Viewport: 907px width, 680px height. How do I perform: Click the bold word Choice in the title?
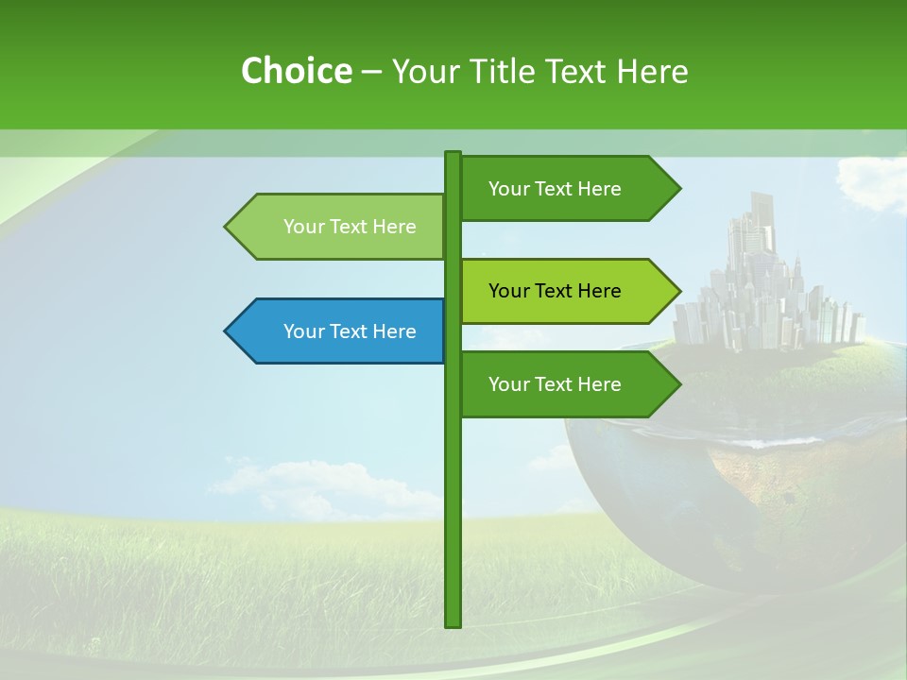point(296,71)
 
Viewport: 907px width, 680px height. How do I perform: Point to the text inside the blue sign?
point(350,331)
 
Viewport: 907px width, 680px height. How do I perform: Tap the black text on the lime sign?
point(555,291)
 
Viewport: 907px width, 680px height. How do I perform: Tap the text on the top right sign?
point(555,189)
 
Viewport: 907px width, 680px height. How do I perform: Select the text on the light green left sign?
point(350,227)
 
